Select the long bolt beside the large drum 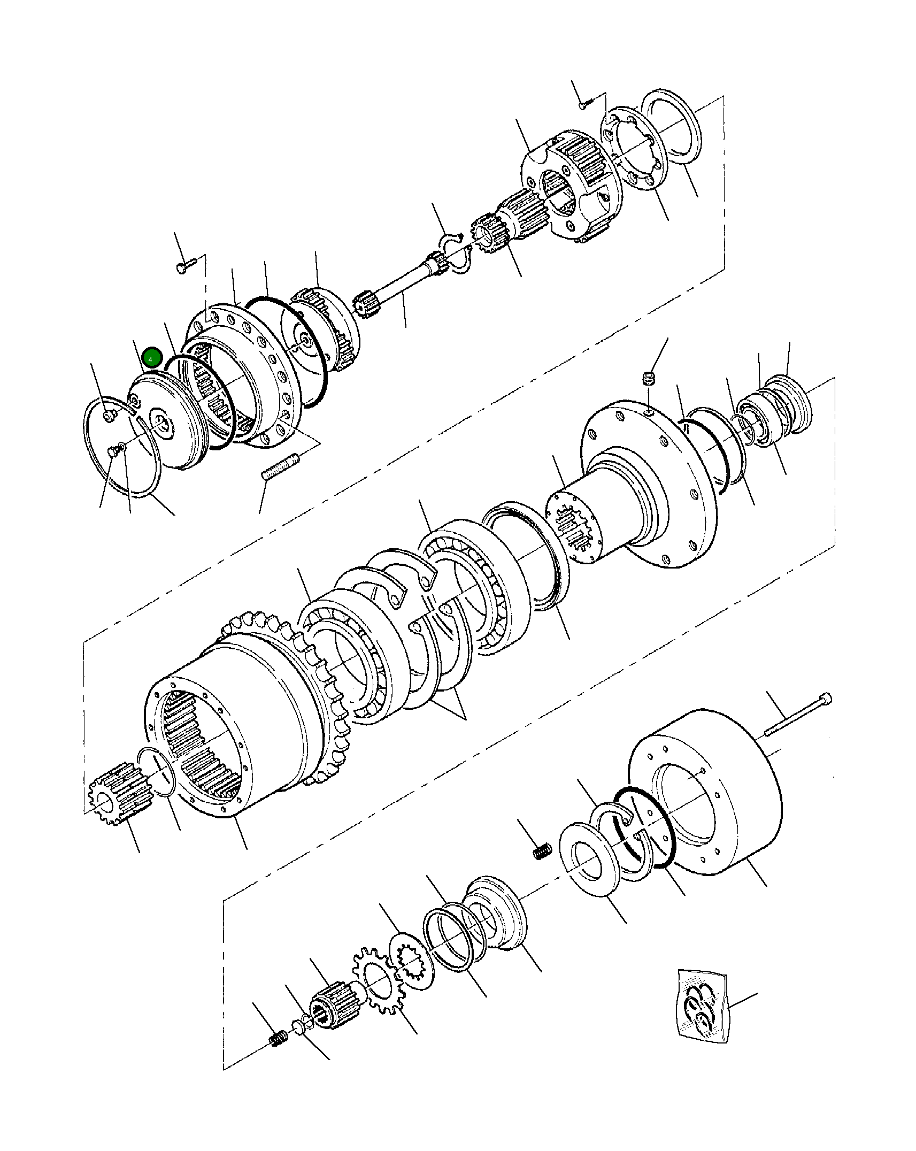[x=797, y=715]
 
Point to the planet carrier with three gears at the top [x=569, y=185]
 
